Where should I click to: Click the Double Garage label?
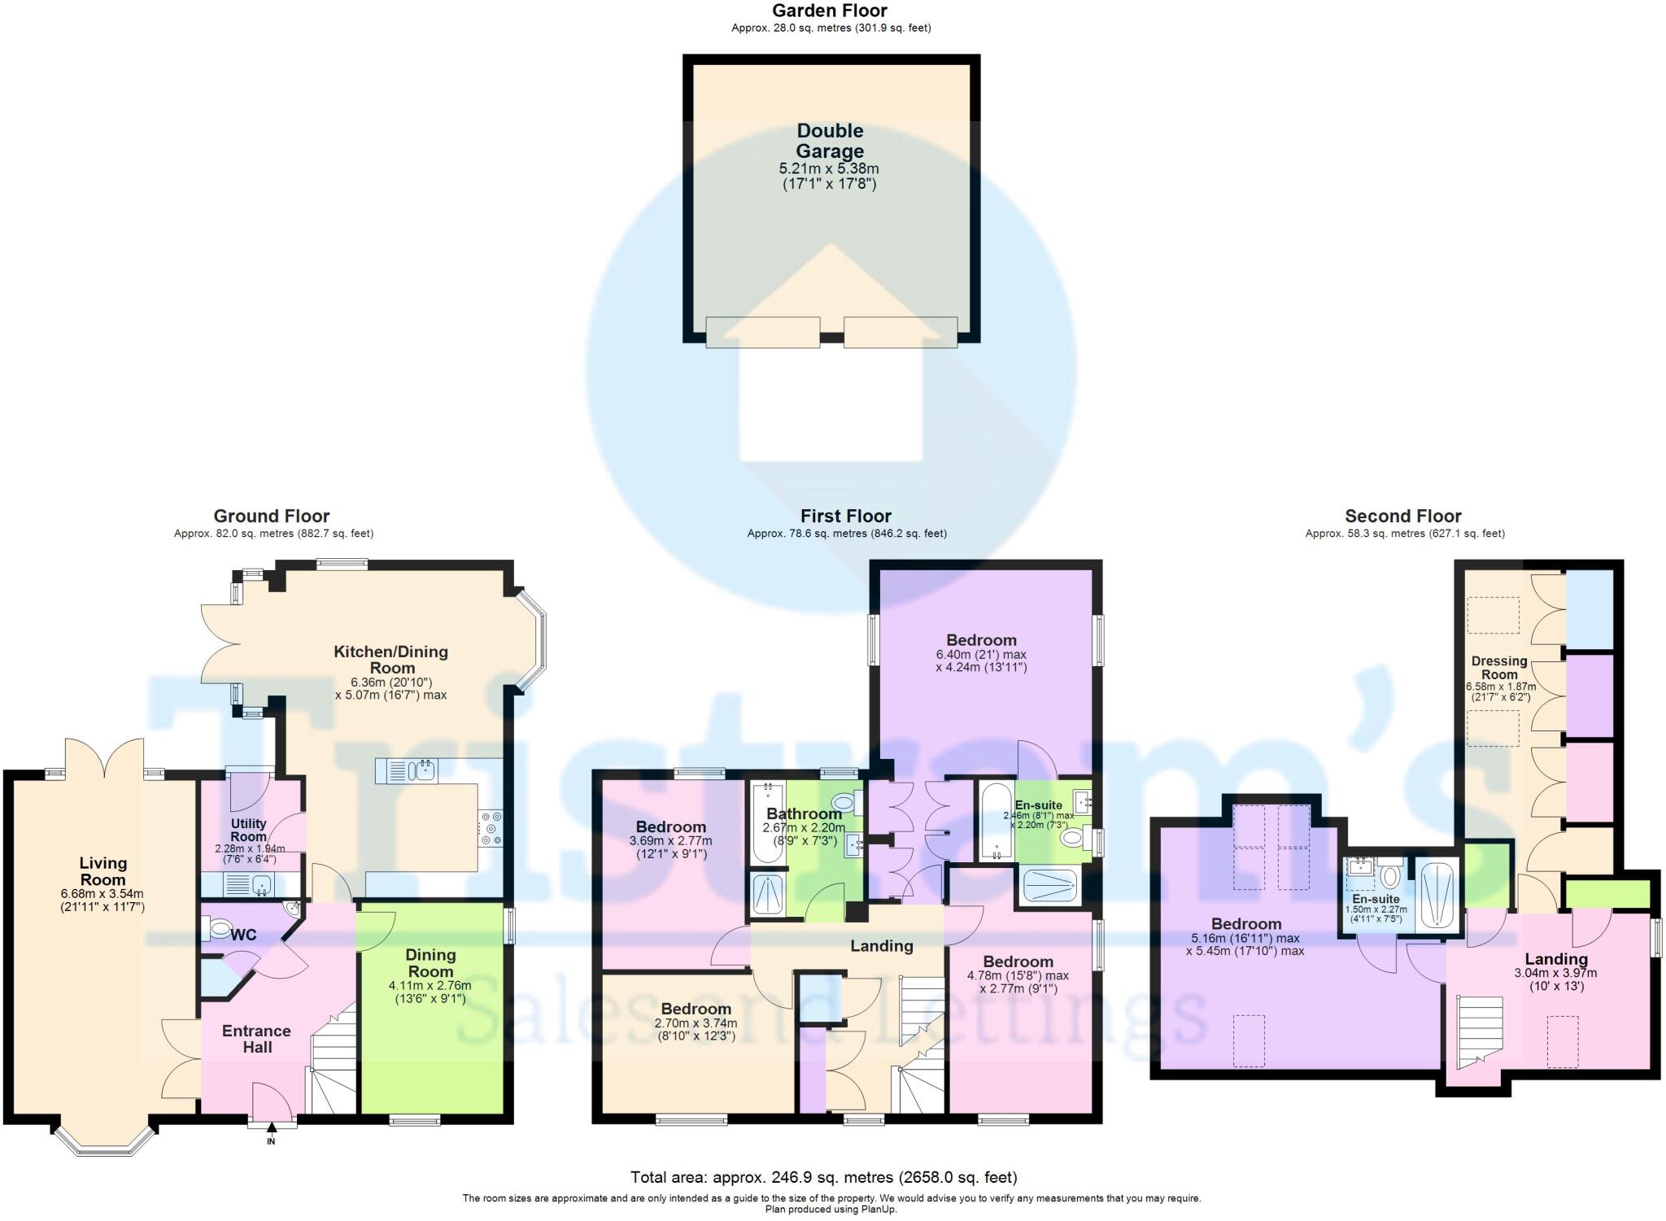829,141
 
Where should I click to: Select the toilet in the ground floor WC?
219,927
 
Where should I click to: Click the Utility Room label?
248,830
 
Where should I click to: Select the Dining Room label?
430,963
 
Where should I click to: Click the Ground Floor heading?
271,516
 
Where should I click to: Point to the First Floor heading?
845,516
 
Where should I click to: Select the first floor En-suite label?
1038,805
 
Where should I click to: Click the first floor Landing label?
881,945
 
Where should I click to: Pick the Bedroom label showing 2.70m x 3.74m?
696,1010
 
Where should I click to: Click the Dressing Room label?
1498,667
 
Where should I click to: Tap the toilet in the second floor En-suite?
1390,875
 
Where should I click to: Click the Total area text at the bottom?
823,1177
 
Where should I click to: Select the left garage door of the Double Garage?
762,332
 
